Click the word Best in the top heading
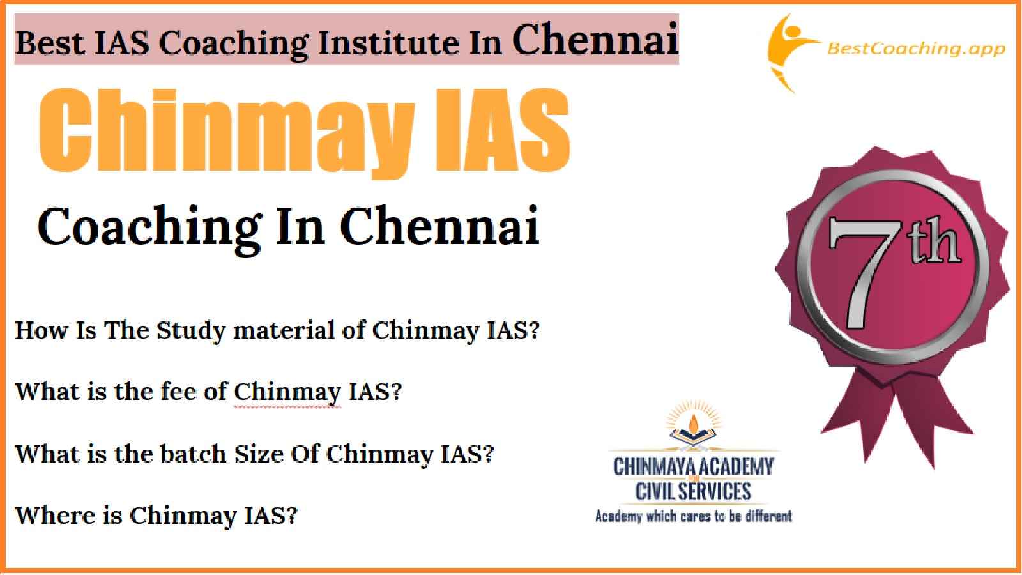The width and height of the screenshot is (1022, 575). [50, 42]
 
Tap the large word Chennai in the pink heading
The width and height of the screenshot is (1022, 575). [595, 40]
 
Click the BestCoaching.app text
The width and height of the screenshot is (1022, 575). [916, 49]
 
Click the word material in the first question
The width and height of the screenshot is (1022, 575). [284, 330]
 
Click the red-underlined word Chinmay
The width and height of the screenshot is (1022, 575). [287, 392]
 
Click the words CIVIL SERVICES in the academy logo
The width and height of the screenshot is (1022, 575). [694, 491]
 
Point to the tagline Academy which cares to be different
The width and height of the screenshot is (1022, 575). [694, 517]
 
